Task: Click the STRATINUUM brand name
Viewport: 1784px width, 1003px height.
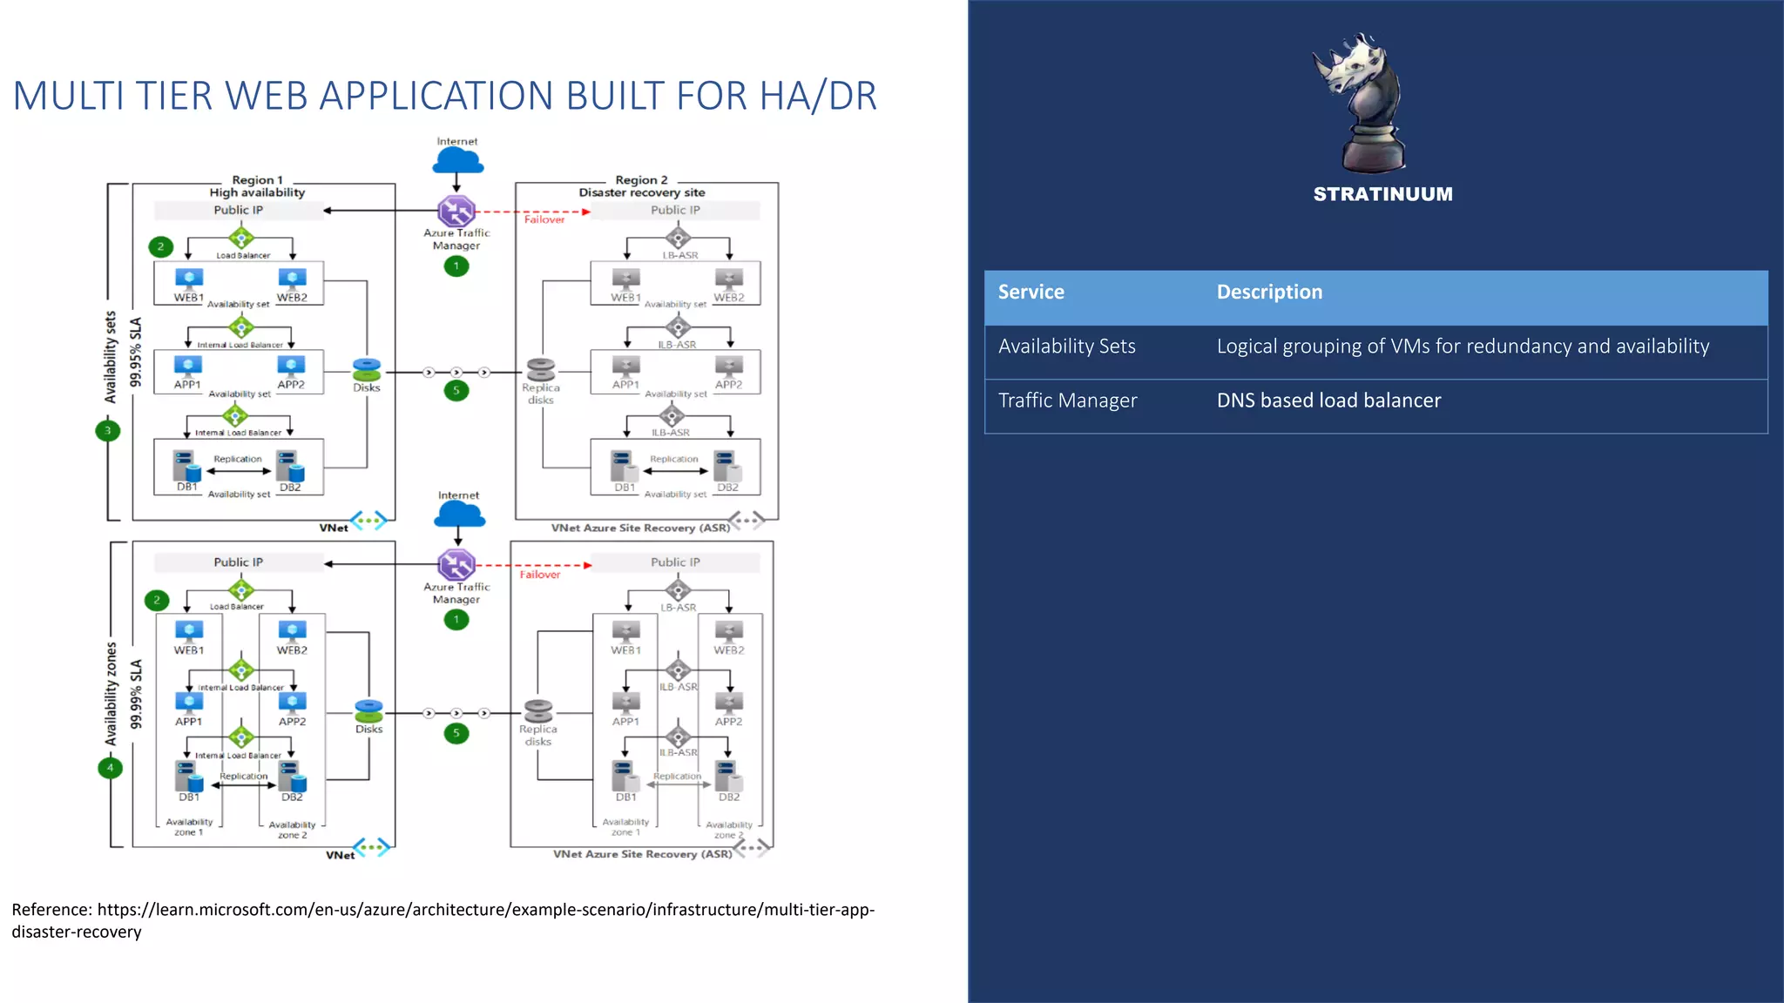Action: click(x=1382, y=194)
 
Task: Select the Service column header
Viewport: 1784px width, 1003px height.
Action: click(x=1031, y=293)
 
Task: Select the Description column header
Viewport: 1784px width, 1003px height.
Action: click(x=1268, y=293)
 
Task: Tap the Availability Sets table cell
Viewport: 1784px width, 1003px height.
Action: click(x=1066, y=347)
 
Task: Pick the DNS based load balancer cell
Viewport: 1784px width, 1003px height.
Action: click(x=1328, y=401)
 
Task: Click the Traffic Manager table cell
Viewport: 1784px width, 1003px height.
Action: click(x=1067, y=401)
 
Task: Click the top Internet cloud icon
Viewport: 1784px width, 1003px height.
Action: click(x=457, y=161)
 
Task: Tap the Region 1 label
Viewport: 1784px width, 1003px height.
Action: click(x=257, y=180)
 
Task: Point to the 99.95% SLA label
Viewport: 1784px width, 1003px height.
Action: click(x=136, y=352)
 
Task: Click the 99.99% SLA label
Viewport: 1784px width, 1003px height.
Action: click(x=136, y=694)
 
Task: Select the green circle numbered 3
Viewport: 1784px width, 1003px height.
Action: click(x=108, y=430)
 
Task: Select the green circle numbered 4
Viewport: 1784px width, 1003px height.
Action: click(x=110, y=768)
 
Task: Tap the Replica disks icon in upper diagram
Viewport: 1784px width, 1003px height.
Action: click(x=540, y=369)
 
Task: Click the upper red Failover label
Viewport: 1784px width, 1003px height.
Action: click(x=544, y=220)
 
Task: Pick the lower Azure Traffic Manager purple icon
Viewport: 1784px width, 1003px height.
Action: click(x=456, y=565)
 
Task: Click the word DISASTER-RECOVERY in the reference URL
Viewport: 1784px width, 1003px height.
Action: click(x=77, y=932)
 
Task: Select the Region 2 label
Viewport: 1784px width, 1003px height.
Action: click(x=641, y=180)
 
